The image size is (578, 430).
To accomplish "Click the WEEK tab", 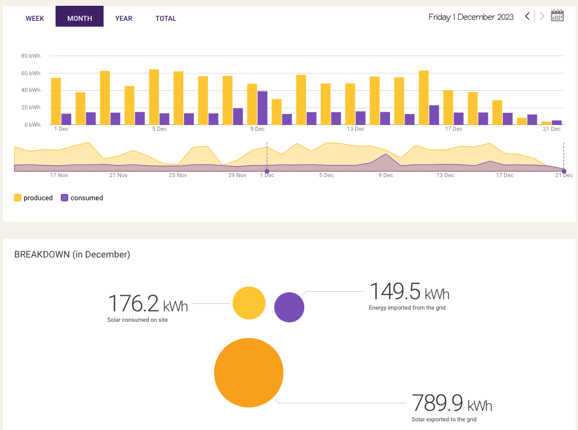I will (35, 19).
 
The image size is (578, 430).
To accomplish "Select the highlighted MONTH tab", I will (79, 19).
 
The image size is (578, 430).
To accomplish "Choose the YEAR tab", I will (124, 19).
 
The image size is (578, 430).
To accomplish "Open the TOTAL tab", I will (165, 19).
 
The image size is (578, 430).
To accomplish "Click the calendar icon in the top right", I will (557, 16).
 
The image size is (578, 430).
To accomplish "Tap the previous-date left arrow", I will (527, 16).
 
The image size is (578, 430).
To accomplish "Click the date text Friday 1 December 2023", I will (471, 17).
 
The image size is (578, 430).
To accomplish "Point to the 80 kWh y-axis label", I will (31, 56).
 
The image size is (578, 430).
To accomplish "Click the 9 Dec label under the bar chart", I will (257, 129).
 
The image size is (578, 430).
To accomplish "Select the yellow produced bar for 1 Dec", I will (56, 101).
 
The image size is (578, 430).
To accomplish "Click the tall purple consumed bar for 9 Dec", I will (262, 108).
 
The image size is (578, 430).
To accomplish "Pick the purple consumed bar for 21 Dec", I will (557, 122).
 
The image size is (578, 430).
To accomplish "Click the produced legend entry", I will (34, 198).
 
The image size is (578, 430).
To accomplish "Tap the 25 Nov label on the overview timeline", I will (178, 175).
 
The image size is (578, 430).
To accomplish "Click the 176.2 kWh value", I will (148, 304).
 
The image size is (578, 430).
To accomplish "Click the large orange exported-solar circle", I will (249, 373).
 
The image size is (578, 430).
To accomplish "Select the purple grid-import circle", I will (289, 307).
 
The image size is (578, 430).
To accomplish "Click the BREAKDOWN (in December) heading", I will (72, 254).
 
